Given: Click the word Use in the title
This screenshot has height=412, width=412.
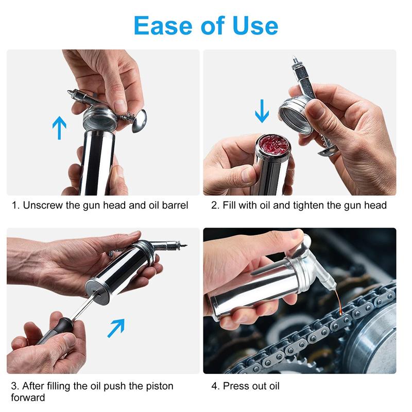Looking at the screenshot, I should click(x=254, y=25).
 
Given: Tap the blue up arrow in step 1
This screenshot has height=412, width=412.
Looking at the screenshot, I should click(x=60, y=127).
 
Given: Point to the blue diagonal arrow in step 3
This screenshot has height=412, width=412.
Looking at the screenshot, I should click(x=116, y=328).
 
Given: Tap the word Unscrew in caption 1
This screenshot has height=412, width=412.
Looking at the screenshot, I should click(x=42, y=205).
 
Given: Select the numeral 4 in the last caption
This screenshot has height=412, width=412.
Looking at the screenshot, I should click(x=214, y=386).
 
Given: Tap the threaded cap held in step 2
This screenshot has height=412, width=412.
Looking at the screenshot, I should click(x=293, y=113).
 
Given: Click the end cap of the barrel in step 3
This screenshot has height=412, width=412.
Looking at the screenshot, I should click(x=97, y=291).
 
